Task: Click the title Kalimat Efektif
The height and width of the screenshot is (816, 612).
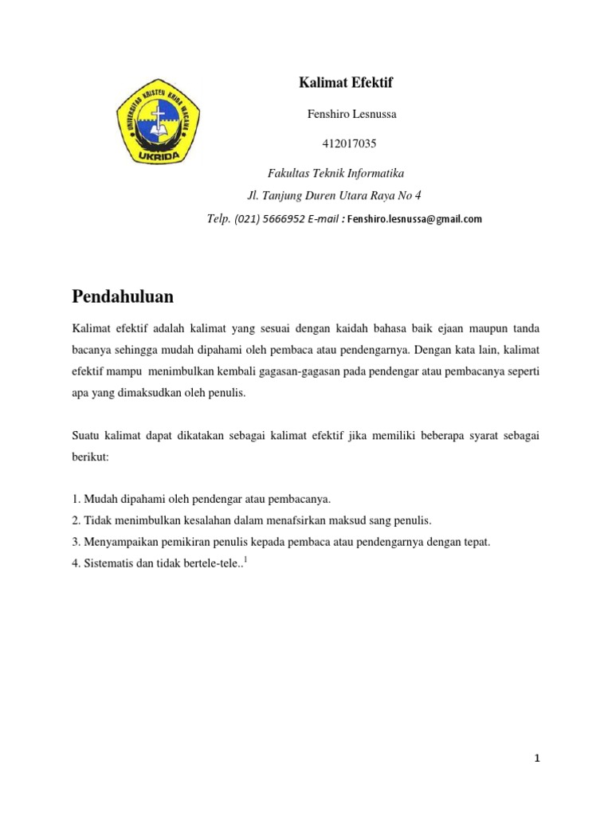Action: [x=346, y=83]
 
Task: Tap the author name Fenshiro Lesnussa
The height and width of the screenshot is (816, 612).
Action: [x=351, y=114]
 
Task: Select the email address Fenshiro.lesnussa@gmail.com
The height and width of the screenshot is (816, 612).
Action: [x=414, y=219]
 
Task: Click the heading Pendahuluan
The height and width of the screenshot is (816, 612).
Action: [x=123, y=296]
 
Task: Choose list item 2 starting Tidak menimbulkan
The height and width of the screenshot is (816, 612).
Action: [x=251, y=520]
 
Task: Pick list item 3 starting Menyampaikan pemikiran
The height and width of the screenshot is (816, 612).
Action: [x=280, y=542]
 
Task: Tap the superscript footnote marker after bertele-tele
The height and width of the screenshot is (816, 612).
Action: [x=246, y=560]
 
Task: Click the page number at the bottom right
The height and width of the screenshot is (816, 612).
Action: [x=537, y=759]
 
